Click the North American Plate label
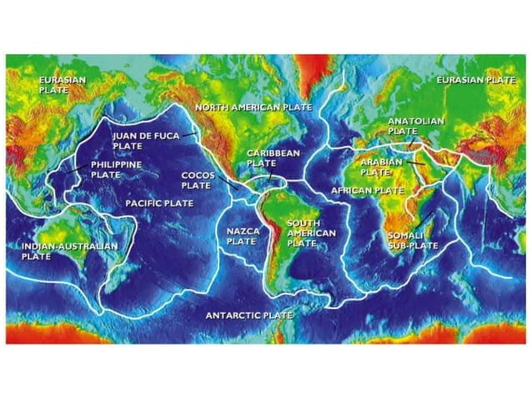pyautogui.click(x=253, y=108)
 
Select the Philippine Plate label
pyautogui.click(x=116, y=169)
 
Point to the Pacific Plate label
pyautogui.click(x=159, y=203)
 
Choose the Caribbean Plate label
pyautogui.click(x=273, y=159)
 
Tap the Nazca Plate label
pyautogui.click(x=241, y=235)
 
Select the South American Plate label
pyautogui.click(x=311, y=233)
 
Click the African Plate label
pyautogui.click(x=367, y=190)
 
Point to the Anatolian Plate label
pyautogui.click(x=416, y=126)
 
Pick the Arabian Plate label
pyautogui.click(x=381, y=165)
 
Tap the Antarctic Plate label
pyautogui.click(x=249, y=316)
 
